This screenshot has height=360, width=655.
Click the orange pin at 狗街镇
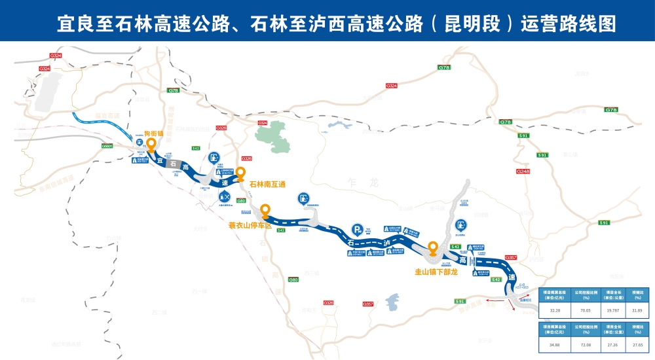[x=151, y=143]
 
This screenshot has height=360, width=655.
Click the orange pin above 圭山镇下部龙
[x=432, y=248]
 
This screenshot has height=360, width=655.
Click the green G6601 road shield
[x=107, y=145]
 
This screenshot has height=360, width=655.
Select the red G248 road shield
[x=523, y=171]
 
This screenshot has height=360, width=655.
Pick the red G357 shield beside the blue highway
[x=512, y=257]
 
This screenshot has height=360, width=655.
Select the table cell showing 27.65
[x=637, y=343]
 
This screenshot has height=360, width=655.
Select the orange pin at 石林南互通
[x=240, y=173]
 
